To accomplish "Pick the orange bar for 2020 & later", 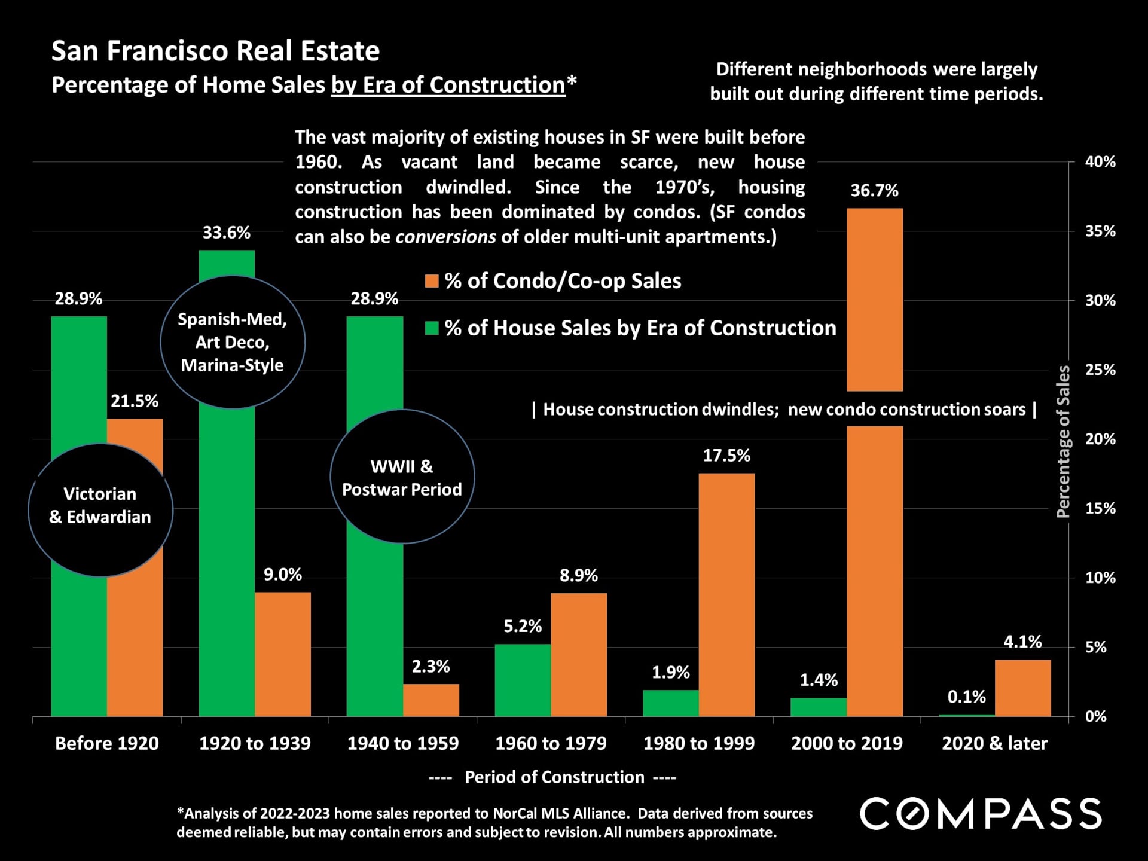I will click(x=1022, y=688).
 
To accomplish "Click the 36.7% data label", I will click(x=874, y=191).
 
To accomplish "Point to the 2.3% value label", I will click(x=430, y=667).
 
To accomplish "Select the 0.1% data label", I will click(x=966, y=697).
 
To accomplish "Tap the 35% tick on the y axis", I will click(x=1100, y=231).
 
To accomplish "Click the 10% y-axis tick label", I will click(x=1100, y=578).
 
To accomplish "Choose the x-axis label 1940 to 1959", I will click(x=402, y=743).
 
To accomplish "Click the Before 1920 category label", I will click(x=107, y=743).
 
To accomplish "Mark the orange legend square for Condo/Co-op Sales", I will click(x=432, y=281).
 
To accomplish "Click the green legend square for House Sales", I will click(x=432, y=328).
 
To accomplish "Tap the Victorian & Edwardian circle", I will click(x=100, y=510).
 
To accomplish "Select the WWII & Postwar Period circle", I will click(x=402, y=477).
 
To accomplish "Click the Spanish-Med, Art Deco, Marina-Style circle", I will click(x=233, y=342).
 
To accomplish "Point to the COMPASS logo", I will click(x=980, y=814).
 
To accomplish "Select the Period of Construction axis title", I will click(x=554, y=777).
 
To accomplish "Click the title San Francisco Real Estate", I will click(x=215, y=51).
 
